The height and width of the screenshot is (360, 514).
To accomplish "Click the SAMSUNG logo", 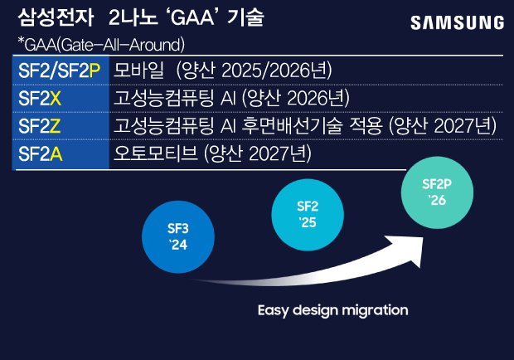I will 456,22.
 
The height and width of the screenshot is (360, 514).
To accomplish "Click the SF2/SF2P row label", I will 59,70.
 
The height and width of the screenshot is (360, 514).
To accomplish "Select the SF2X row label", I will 40,98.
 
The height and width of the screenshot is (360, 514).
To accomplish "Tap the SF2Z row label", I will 40,126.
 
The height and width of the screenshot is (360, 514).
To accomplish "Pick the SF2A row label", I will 40,154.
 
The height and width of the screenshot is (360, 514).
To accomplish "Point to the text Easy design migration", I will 332,310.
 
